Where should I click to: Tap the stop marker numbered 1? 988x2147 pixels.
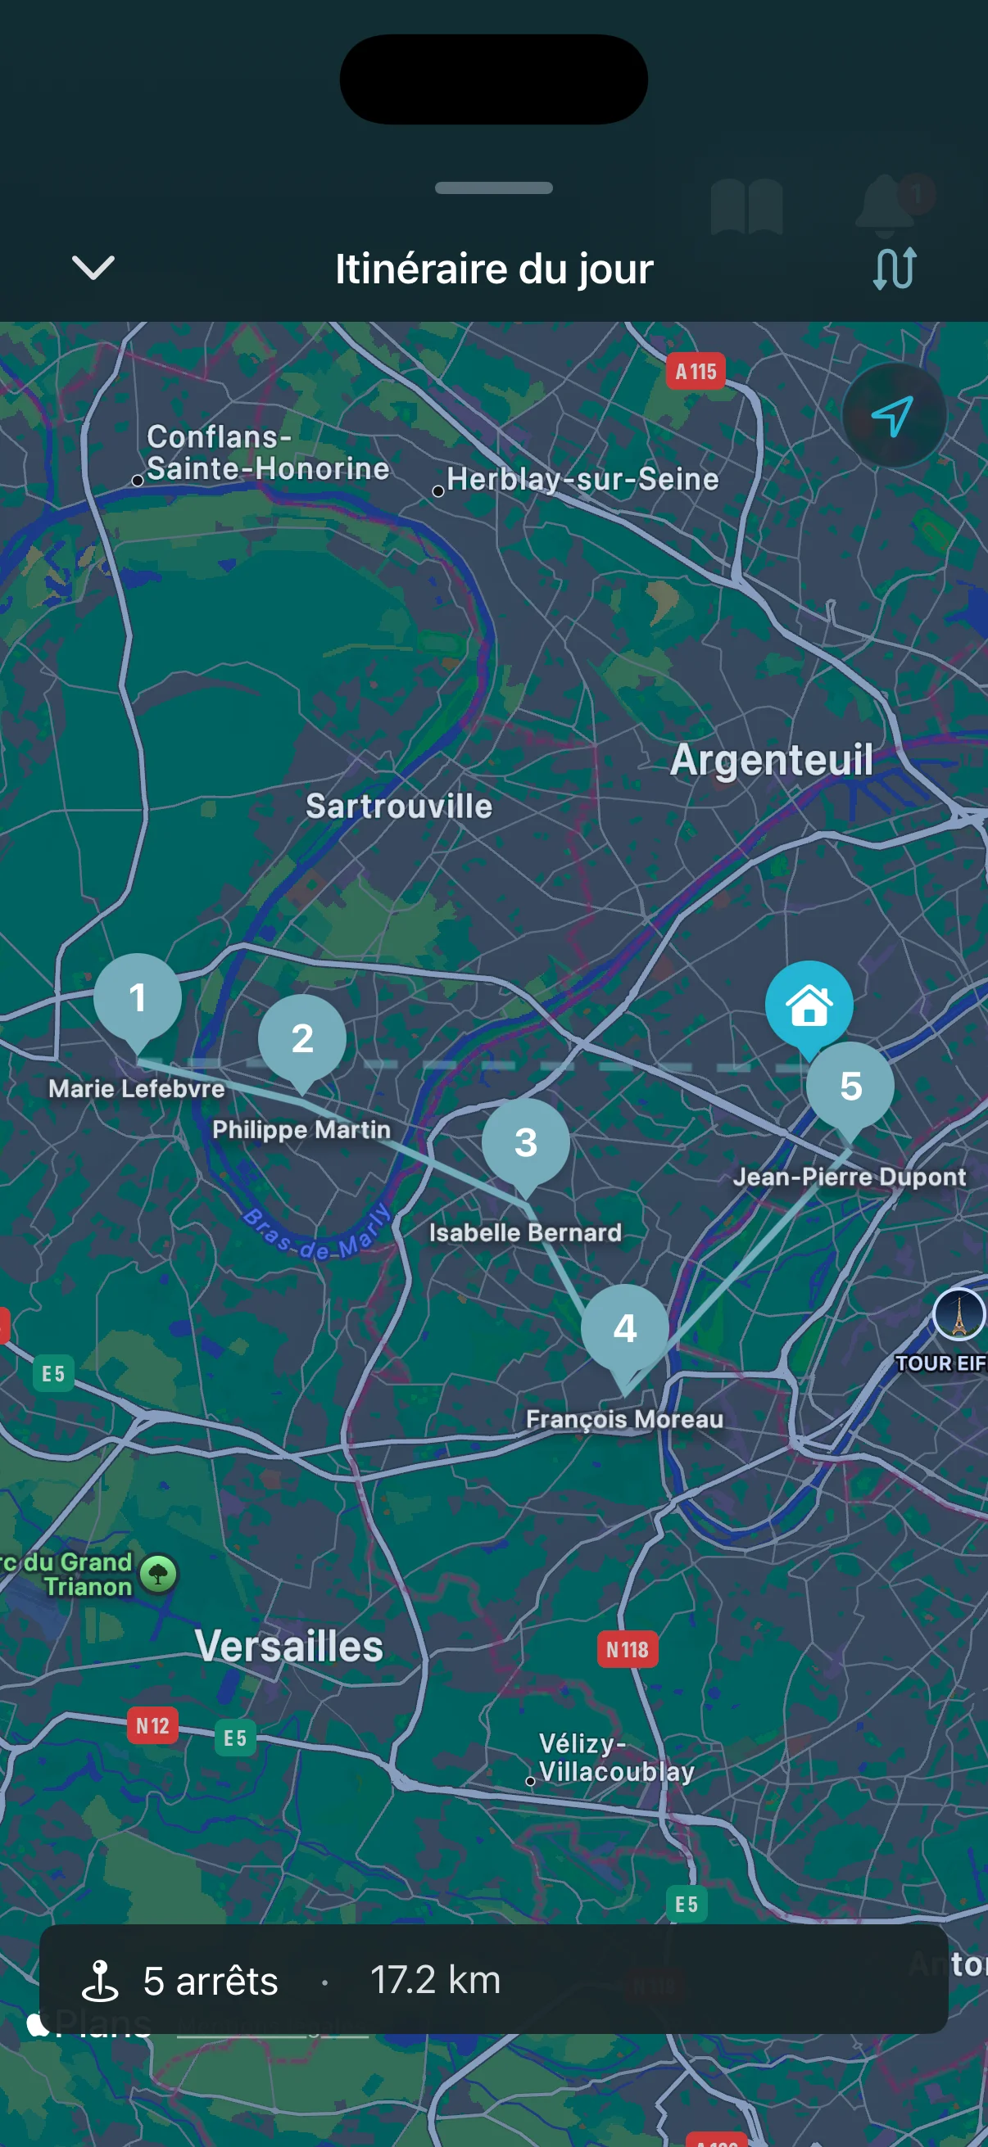pyautogui.click(x=138, y=997)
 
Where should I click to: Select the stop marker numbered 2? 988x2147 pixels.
pyautogui.click(x=301, y=1038)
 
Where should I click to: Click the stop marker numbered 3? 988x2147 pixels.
pyautogui.click(x=525, y=1141)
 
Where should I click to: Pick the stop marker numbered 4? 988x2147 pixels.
pyautogui.click(x=624, y=1327)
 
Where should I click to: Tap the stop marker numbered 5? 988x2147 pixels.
pyautogui.click(x=850, y=1086)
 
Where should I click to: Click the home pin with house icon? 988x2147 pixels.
pyautogui.click(x=809, y=1006)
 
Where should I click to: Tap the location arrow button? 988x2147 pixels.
pyautogui.click(x=893, y=415)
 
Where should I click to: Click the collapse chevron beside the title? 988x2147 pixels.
pyautogui.click(x=93, y=268)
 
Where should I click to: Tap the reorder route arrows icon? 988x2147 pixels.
pyautogui.click(x=894, y=269)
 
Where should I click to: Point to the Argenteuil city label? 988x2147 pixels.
pyautogui.click(x=771, y=760)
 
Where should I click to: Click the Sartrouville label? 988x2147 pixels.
pyautogui.click(x=398, y=806)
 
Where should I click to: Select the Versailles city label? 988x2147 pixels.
pyautogui.click(x=288, y=1646)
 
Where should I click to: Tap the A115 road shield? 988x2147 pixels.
pyautogui.click(x=696, y=372)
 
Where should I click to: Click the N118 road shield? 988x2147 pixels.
pyautogui.click(x=627, y=1649)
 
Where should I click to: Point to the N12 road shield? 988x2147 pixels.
pyautogui.click(x=152, y=1725)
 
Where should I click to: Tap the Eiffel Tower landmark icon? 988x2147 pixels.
pyautogui.click(x=959, y=1314)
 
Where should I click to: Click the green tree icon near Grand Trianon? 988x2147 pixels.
pyautogui.click(x=158, y=1574)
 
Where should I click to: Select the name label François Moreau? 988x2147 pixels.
pyautogui.click(x=624, y=1418)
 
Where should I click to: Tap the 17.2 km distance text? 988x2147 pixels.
pyautogui.click(x=434, y=1979)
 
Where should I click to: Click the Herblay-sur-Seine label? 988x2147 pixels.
pyautogui.click(x=582, y=479)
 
